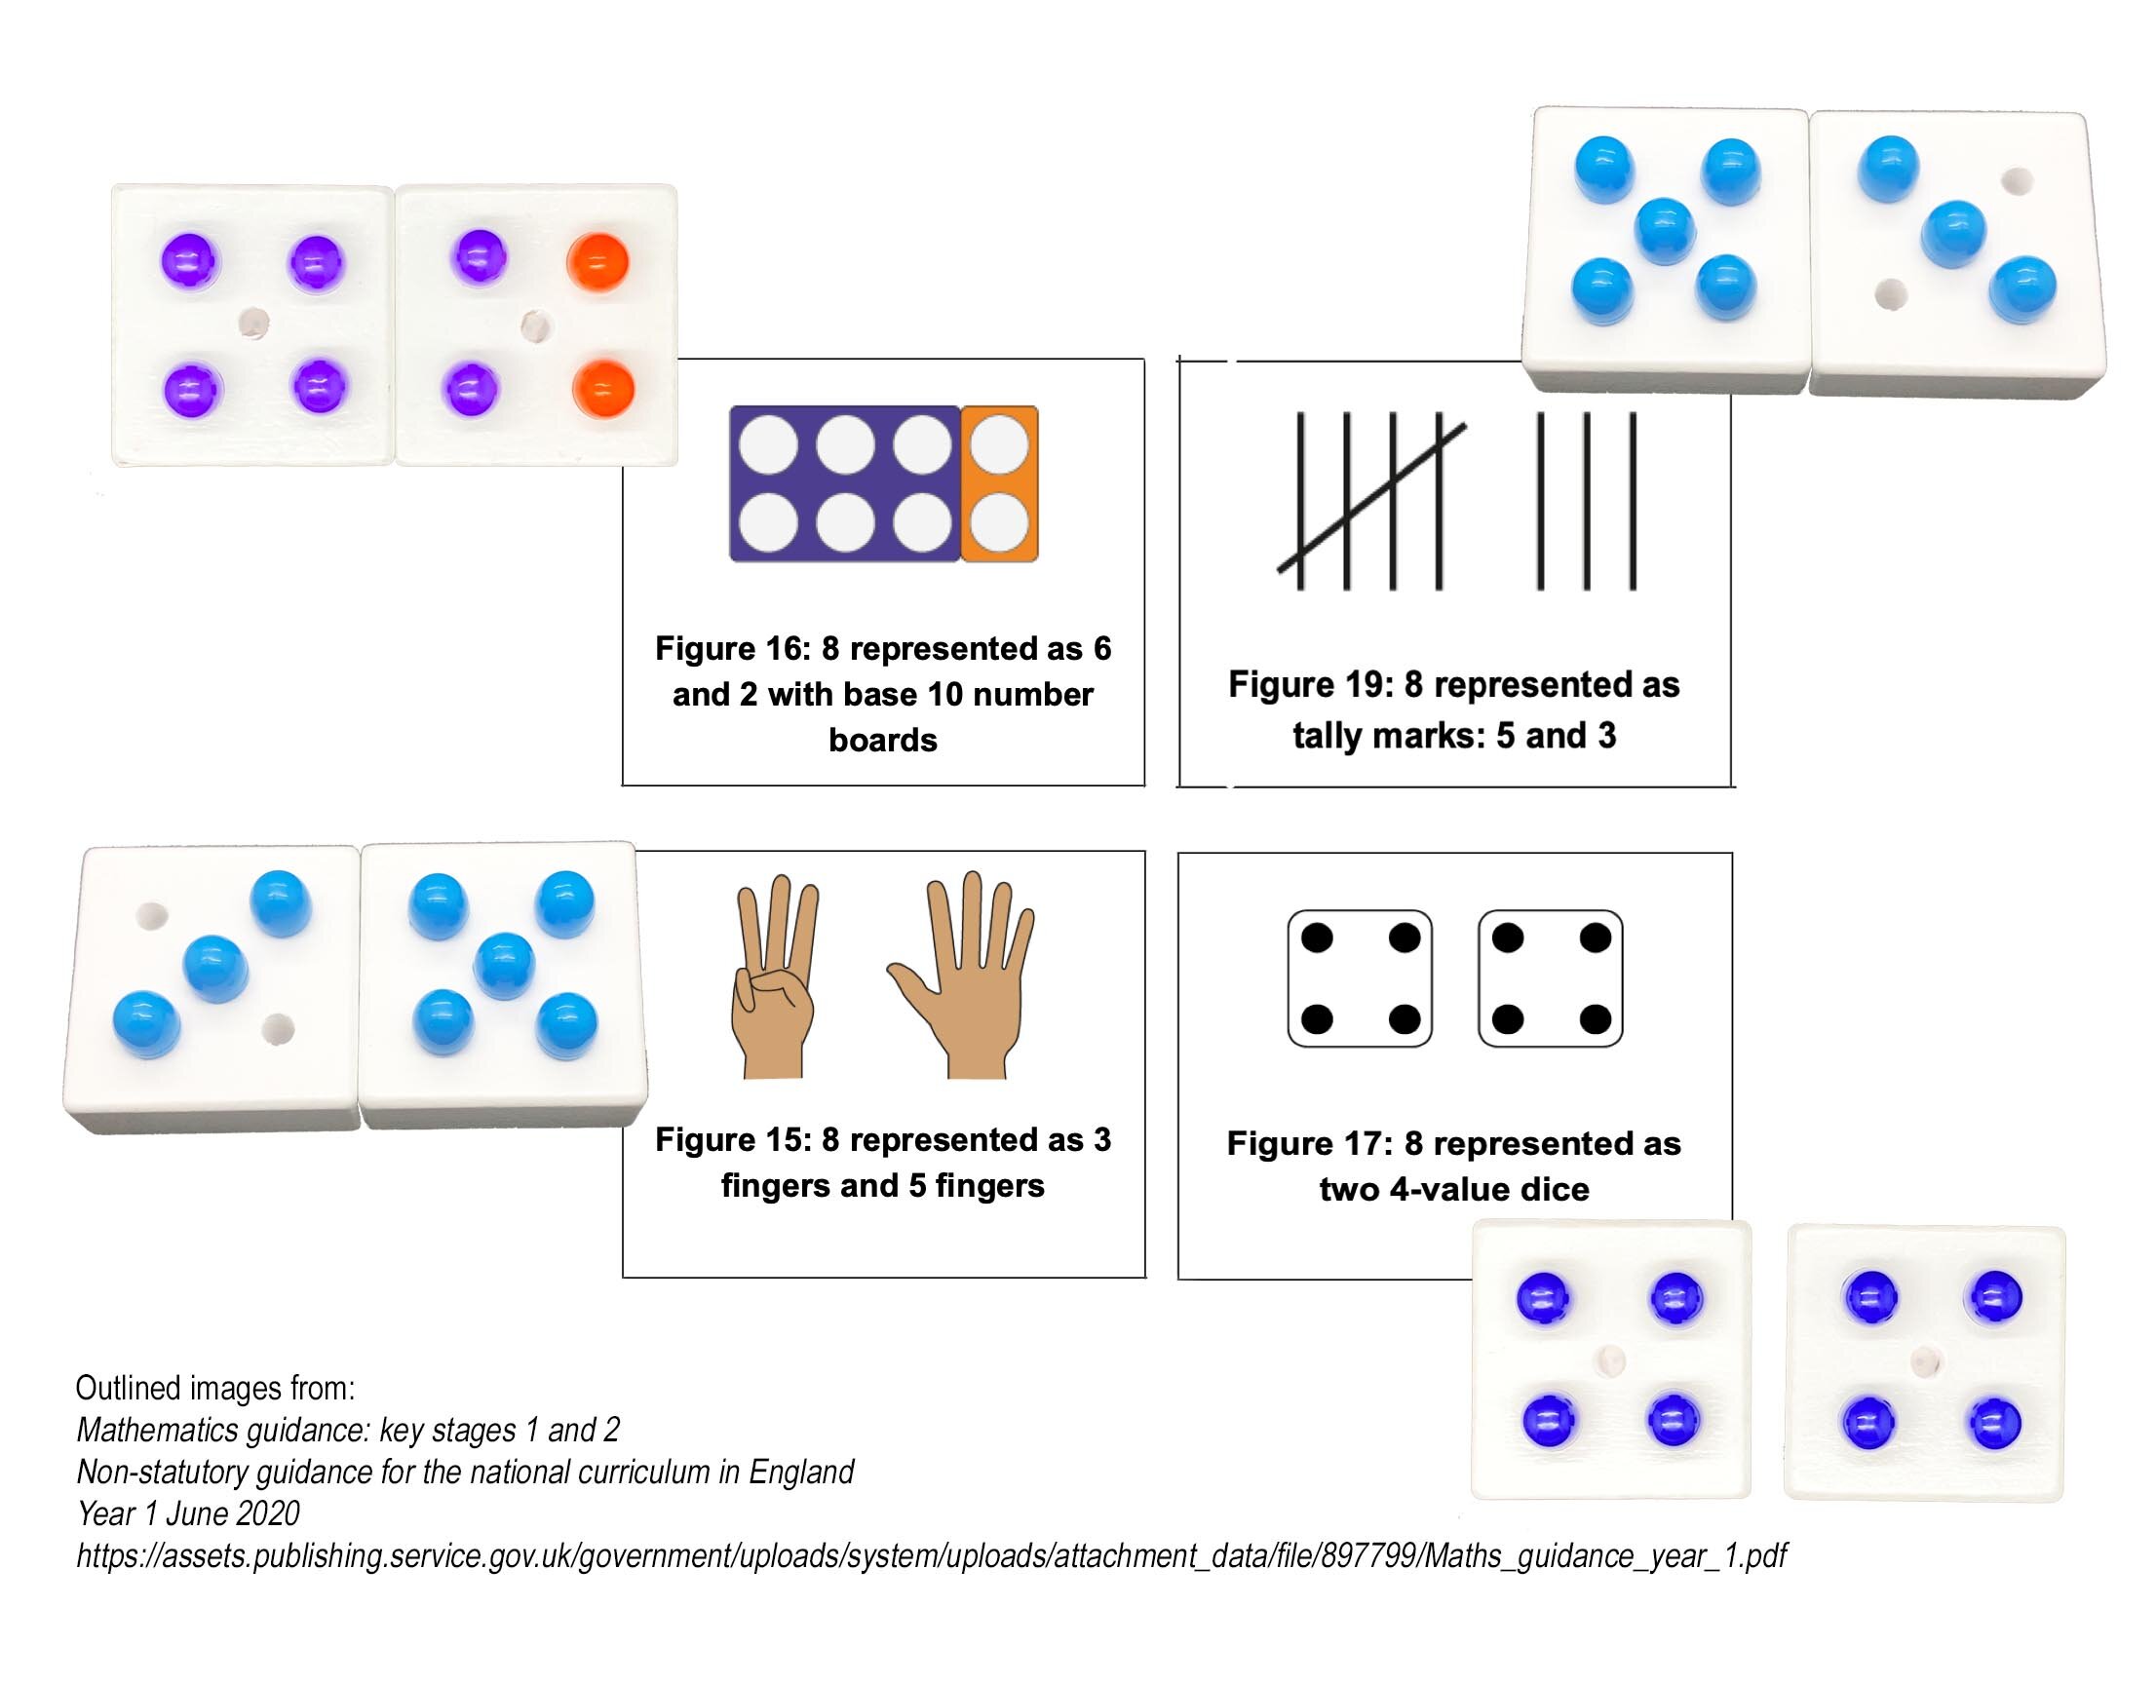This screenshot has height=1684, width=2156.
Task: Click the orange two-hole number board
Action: pos(999,483)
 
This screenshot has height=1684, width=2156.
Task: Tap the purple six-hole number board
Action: pos(844,483)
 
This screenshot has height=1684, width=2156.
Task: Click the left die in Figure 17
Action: pos(1360,978)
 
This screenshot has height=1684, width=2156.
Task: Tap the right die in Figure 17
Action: pos(1550,978)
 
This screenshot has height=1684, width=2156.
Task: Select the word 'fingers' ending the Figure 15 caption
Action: pos(989,1185)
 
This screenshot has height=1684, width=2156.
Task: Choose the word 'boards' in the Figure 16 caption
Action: pos(882,741)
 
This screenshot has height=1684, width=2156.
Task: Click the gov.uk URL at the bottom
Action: pos(931,1556)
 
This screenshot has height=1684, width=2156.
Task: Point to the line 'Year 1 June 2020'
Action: pos(188,1514)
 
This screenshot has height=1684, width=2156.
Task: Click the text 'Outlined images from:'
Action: pos(215,1389)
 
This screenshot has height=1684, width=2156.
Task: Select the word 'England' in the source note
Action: pos(800,1473)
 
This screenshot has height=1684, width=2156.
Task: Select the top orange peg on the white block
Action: pos(597,263)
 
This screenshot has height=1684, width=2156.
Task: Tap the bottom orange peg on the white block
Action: pos(602,389)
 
